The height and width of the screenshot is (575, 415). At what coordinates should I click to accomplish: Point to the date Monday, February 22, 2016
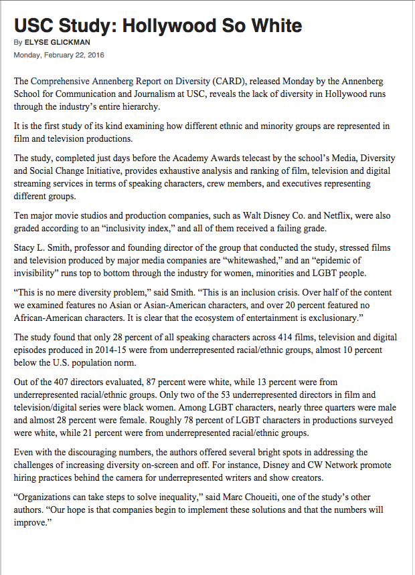point(59,55)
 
